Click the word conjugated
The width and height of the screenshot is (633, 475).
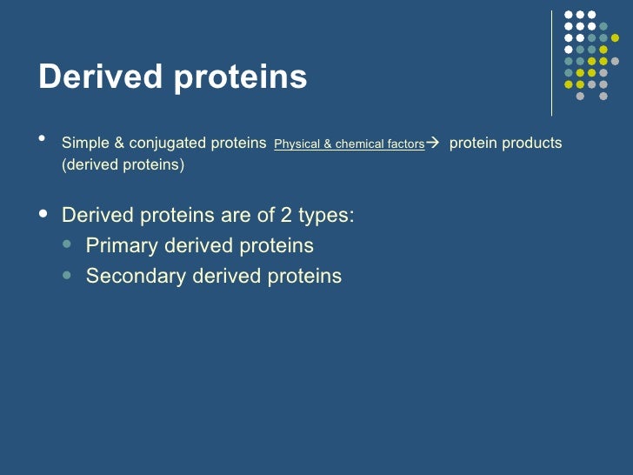coord(168,143)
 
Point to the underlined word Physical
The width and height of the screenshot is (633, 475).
coord(297,144)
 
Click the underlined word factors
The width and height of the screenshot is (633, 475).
coord(405,144)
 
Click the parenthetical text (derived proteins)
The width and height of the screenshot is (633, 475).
coord(123,165)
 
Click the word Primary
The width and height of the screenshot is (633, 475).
coord(122,246)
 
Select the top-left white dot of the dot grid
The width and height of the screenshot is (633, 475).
coord(569,15)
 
